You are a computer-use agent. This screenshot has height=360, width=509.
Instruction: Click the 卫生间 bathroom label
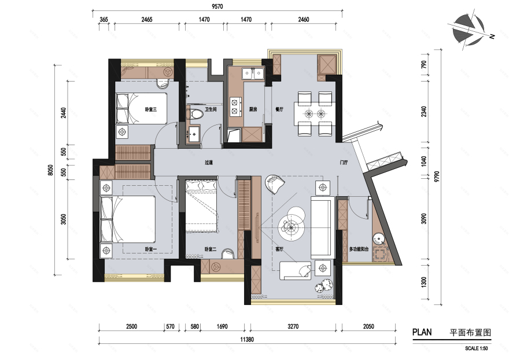tap(211, 109)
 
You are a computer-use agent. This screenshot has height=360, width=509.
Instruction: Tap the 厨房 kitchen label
tap(253, 109)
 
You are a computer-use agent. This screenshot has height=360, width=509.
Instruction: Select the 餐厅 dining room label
tap(279, 109)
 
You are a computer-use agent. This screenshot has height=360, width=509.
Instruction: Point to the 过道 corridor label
tap(209, 163)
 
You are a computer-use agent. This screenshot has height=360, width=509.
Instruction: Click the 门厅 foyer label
tap(344, 163)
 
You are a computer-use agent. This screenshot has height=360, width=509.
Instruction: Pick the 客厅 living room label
tap(279, 249)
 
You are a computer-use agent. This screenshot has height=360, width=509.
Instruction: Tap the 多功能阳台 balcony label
tap(359, 249)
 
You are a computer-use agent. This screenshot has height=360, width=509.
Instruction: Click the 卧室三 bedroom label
tap(151, 109)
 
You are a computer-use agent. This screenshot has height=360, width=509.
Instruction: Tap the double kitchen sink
tap(253, 73)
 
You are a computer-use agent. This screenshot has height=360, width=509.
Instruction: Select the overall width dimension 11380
tap(247, 340)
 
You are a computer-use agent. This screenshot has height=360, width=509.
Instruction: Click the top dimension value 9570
tap(217, 6)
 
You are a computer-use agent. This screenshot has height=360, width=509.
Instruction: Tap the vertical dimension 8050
tap(50, 170)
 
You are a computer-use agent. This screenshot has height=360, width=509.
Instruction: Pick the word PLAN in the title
tap(422, 332)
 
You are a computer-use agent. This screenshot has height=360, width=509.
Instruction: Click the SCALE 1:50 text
tap(476, 348)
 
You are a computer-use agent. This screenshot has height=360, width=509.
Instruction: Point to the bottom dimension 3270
tap(293, 326)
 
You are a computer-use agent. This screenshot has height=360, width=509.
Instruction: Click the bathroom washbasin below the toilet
tap(194, 134)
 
